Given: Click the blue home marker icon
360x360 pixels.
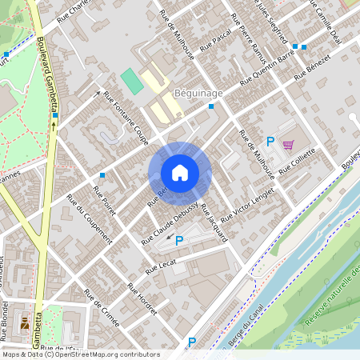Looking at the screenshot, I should (180, 173).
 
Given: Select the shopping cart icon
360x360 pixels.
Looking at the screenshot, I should (287, 145).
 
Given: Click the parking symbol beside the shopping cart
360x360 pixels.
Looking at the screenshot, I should (270, 142).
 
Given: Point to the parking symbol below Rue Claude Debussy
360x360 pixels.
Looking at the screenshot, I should (178, 240).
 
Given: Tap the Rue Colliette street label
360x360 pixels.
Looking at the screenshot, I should (299, 162).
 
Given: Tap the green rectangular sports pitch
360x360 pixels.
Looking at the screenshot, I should (130, 81).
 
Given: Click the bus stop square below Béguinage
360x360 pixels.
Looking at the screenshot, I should (211, 106).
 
